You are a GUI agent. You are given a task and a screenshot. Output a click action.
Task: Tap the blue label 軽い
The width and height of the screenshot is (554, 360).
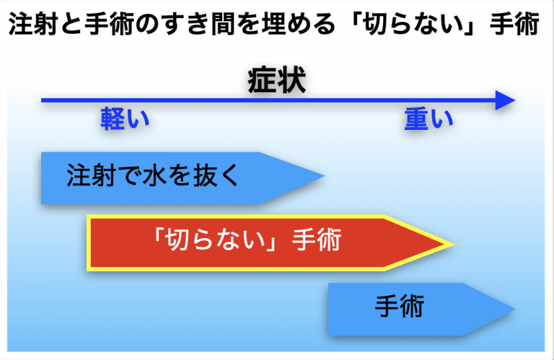pyautogui.click(x=125, y=119)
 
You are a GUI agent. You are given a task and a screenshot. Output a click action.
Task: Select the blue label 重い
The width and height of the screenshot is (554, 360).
pyautogui.click(x=428, y=119)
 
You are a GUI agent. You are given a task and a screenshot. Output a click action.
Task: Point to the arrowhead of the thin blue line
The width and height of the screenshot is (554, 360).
pyautogui.click(x=506, y=100)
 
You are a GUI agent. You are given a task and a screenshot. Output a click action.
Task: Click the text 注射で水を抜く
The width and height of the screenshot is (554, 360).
pyautogui.click(x=153, y=175)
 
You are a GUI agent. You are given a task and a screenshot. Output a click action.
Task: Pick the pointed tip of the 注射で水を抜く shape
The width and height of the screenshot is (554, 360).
pyautogui.click(x=325, y=175)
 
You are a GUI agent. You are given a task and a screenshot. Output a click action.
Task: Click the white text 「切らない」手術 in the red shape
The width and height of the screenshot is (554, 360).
pyautogui.click(x=246, y=240)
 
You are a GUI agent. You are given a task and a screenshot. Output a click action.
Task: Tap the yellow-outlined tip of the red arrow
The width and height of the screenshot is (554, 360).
pyautogui.click(x=453, y=244)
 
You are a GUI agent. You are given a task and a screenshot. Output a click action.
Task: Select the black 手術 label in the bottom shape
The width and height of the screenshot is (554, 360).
pyautogui.click(x=399, y=306)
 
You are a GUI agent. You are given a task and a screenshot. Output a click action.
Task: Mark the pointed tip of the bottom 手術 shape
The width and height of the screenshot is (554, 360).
pyautogui.click(x=514, y=309)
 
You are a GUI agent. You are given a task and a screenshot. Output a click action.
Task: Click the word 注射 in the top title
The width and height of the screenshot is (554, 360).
pyautogui.click(x=33, y=24)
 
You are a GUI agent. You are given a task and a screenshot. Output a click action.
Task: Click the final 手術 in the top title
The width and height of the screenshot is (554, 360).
pyautogui.click(x=514, y=24)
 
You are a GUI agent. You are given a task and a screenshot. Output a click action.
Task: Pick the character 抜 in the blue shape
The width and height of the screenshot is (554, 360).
pyautogui.click(x=205, y=175)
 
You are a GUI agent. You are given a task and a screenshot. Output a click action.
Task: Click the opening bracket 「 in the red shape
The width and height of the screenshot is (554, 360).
pyautogui.click(x=157, y=235)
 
